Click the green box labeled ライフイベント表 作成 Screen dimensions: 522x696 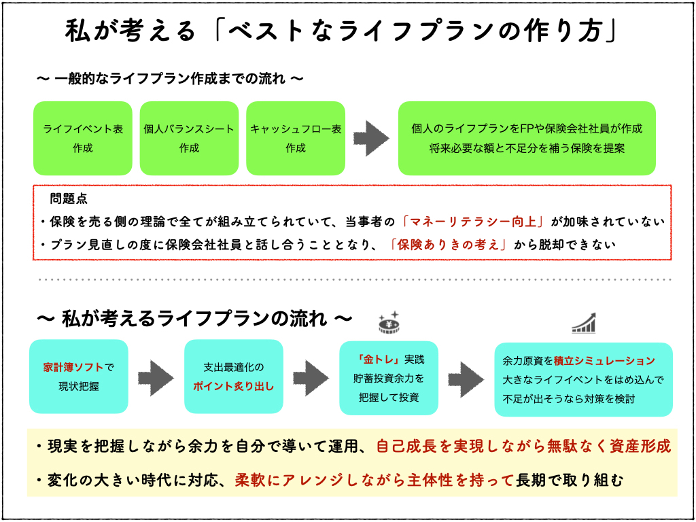(83, 139)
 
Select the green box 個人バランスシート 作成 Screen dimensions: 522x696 (189, 139)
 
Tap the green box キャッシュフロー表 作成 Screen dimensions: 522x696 (296, 139)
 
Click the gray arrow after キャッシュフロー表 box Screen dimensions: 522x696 (371, 139)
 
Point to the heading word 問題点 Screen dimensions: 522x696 (69, 199)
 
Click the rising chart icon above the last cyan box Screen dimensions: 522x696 (584, 323)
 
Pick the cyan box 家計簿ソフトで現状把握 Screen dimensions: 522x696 (79, 377)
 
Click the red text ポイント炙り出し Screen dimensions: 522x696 (233, 386)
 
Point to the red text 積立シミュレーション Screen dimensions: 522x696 (605, 361)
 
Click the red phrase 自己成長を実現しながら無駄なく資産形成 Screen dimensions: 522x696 (523, 446)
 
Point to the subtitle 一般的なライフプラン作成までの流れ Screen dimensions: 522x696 (170, 78)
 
